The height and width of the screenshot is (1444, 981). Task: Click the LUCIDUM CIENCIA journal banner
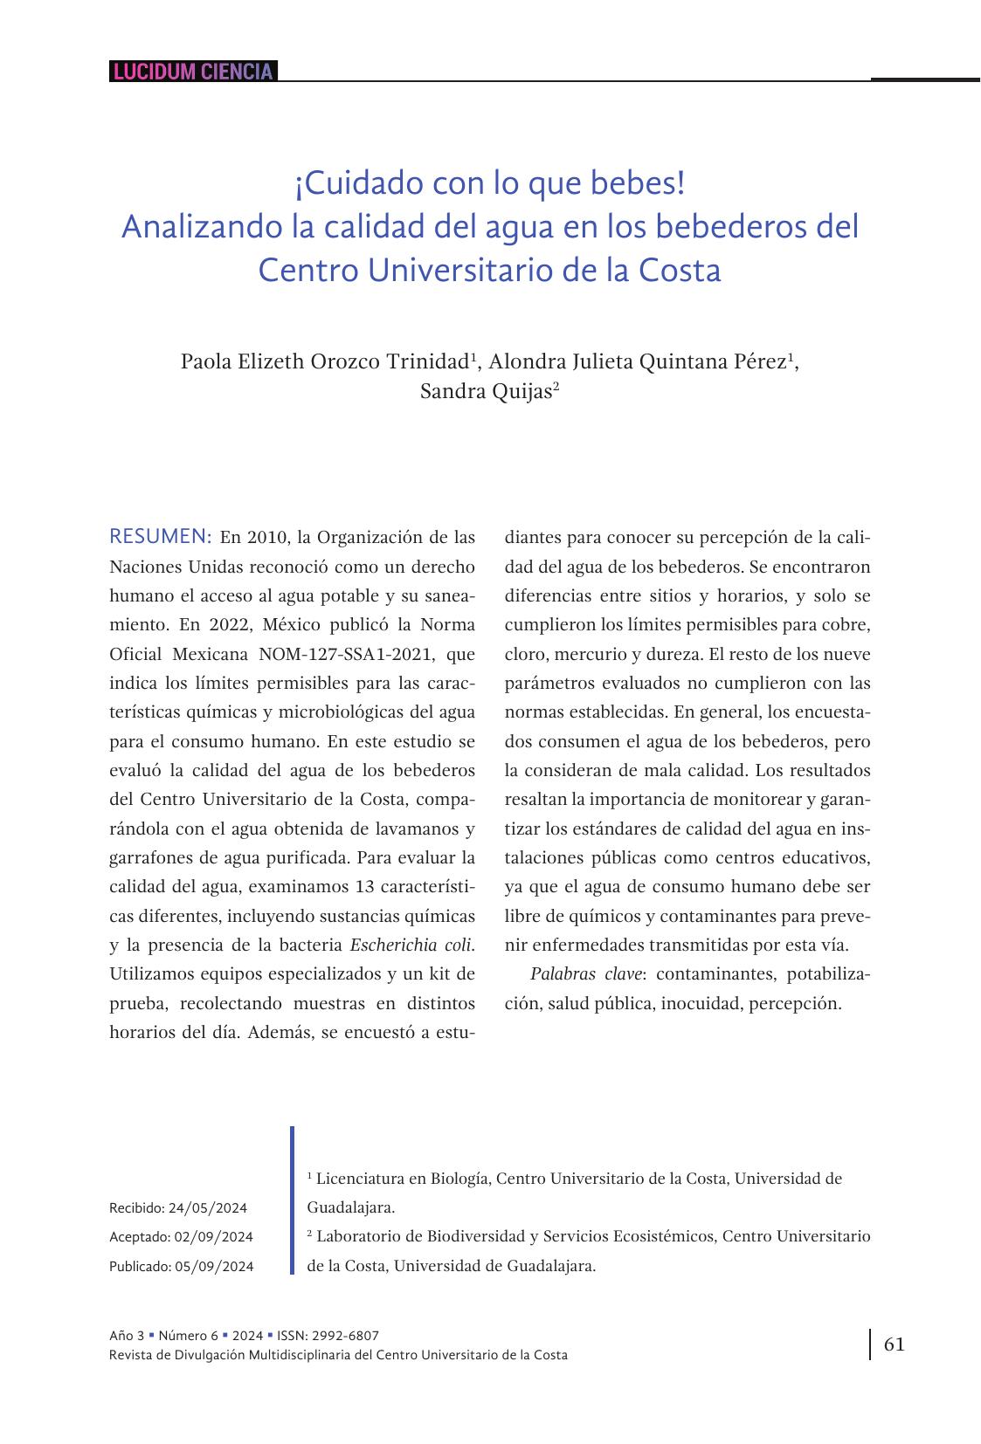point(193,72)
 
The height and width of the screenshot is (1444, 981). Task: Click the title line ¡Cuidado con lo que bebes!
point(489,183)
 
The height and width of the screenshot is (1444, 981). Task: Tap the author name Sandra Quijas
point(486,391)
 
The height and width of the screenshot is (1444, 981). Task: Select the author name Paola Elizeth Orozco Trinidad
point(325,361)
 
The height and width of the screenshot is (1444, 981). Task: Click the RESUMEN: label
point(161,536)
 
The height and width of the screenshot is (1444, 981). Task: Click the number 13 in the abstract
point(365,887)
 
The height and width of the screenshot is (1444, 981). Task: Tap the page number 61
point(895,1344)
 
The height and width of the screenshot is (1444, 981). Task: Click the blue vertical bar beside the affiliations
point(293,1200)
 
